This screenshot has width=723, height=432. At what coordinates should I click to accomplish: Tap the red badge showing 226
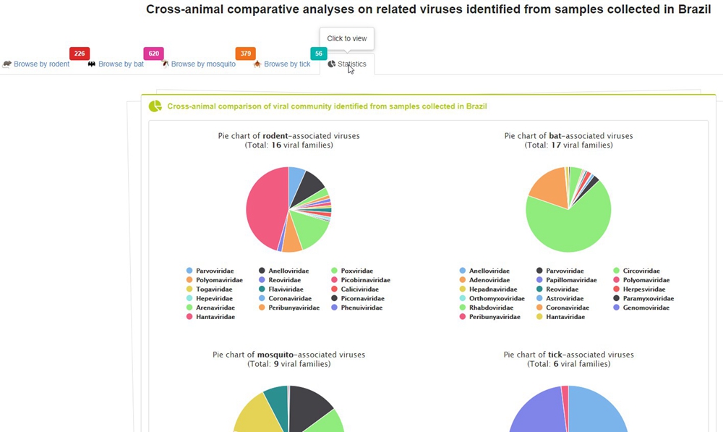[80, 54]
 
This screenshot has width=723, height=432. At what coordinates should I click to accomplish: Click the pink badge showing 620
[153, 54]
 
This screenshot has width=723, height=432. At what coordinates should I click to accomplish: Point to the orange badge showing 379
[246, 54]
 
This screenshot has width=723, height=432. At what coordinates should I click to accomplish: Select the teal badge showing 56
[319, 54]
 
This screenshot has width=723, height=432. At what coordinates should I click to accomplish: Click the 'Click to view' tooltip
[347, 39]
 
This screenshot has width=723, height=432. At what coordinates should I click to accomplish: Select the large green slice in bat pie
[568, 224]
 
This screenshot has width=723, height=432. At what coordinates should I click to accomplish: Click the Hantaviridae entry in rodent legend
[215, 317]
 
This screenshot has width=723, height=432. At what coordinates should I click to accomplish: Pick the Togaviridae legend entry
[214, 289]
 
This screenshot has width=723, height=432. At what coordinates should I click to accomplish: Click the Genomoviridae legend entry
[645, 308]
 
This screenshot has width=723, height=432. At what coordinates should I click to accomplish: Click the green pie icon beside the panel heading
[155, 106]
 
